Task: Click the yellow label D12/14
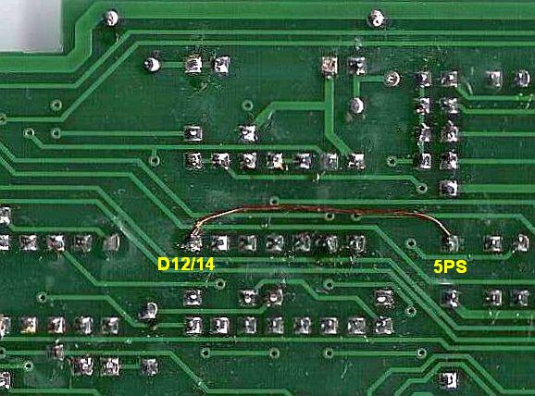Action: pyautogui.click(x=186, y=264)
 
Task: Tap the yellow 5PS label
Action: pyautogui.click(x=450, y=266)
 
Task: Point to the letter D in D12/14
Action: pyautogui.click(x=163, y=264)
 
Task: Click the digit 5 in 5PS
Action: pyautogui.click(x=439, y=266)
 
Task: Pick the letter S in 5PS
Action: pyautogui.click(x=461, y=266)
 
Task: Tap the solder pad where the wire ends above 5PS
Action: pyautogui.click(x=450, y=242)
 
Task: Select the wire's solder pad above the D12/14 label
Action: pyautogui.click(x=193, y=242)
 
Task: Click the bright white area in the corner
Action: pyautogui.click(x=31, y=25)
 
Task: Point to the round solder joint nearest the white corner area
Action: pyautogui.click(x=111, y=18)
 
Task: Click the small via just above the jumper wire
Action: pyautogui.click(x=274, y=201)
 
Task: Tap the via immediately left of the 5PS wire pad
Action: pyautogui.click(x=411, y=242)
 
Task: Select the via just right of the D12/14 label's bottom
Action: pyautogui.click(x=219, y=283)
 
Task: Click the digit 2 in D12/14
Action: pyautogui.click(x=181, y=264)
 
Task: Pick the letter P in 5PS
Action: pyautogui.click(x=449, y=266)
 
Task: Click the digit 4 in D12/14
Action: pyautogui.click(x=208, y=264)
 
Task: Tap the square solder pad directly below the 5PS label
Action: pyautogui.click(x=451, y=298)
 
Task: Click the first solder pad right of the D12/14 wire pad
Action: pyautogui.click(x=220, y=242)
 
